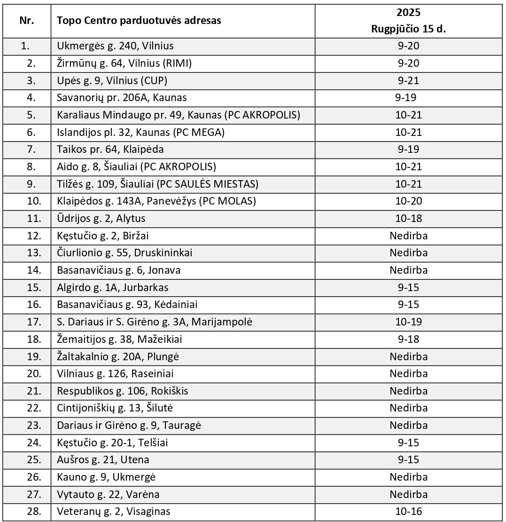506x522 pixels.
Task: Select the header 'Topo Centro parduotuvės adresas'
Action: point(139,21)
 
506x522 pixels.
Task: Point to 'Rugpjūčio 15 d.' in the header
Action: point(408,29)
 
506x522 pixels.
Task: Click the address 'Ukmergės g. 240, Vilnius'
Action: point(115,46)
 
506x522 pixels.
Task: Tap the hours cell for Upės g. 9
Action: point(408,80)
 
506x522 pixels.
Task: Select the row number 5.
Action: point(31,115)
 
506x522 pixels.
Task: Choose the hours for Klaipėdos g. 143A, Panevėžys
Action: point(408,201)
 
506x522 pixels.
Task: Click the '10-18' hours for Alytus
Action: point(408,218)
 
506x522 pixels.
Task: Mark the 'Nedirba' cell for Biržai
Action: point(408,236)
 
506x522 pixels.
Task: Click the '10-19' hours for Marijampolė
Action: point(408,322)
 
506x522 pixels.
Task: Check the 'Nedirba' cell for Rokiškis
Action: point(408,391)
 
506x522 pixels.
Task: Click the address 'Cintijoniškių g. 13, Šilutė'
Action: point(118,408)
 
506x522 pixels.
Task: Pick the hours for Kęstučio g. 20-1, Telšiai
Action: point(408,443)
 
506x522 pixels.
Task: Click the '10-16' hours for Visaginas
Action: point(408,511)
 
